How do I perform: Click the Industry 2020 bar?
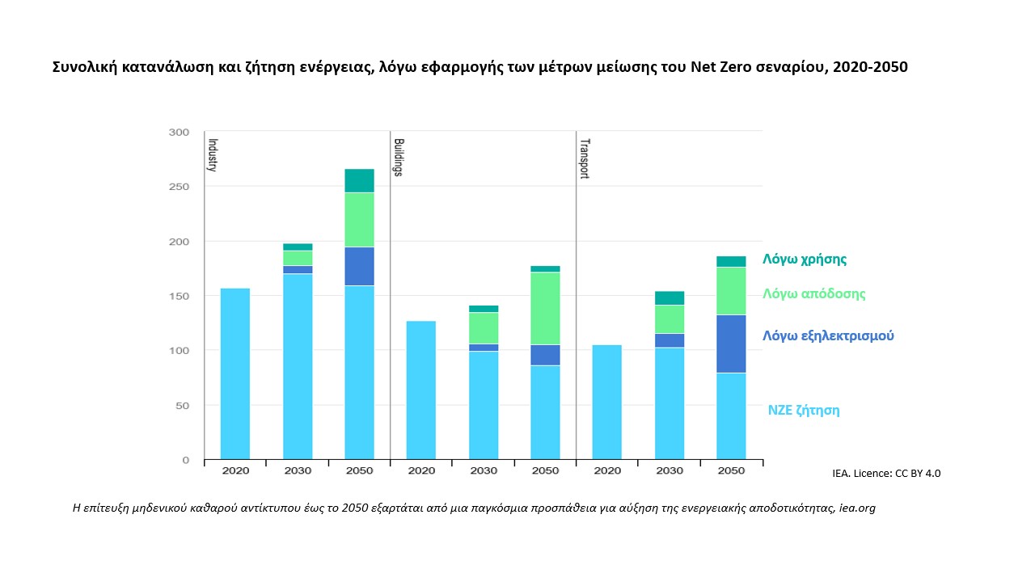click(x=235, y=373)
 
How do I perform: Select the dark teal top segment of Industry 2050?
click(x=359, y=180)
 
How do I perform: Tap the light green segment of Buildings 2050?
click(x=545, y=308)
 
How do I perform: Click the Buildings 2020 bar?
click(x=421, y=390)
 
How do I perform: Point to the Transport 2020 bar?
click(x=607, y=402)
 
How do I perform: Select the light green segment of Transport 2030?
click(x=670, y=318)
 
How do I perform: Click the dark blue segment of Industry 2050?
click(x=359, y=266)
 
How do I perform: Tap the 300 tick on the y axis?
click(x=179, y=133)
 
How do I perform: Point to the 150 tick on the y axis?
click(x=179, y=297)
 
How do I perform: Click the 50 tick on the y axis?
click(x=182, y=406)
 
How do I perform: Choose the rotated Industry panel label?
click(x=213, y=154)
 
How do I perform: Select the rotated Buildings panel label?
click(x=398, y=157)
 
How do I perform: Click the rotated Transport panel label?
click(x=584, y=158)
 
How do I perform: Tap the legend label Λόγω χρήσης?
click(x=805, y=259)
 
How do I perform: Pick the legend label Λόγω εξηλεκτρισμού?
click(x=828, y=335)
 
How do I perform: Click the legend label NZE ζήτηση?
click(x=803, y=410)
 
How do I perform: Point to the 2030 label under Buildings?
click(x=484, y=470)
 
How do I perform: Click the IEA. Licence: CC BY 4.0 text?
click(x=885, y=473)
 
